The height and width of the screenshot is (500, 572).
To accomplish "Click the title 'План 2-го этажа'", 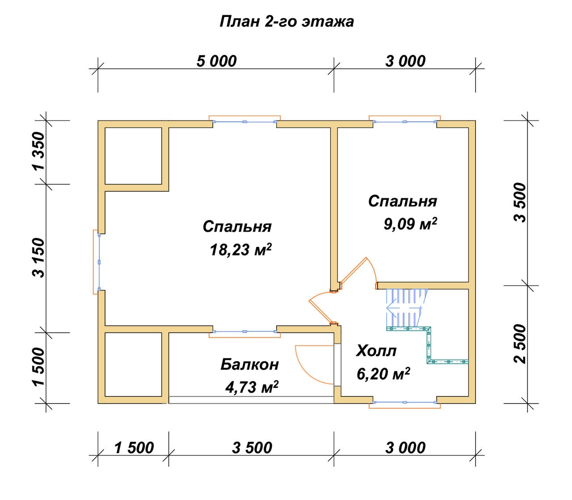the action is (286, 21).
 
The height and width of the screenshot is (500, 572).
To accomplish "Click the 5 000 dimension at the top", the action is (216, 61).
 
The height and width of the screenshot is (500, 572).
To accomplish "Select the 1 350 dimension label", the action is (38, 151).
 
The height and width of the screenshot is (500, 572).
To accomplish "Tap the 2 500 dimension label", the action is (520, 344).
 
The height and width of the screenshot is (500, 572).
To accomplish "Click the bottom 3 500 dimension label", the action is (252, 448).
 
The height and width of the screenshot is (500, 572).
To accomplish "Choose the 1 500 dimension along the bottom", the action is (134, 448).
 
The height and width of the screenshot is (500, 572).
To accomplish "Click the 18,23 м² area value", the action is (240, 249).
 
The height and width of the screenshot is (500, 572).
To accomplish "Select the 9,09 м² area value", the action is (410, 224).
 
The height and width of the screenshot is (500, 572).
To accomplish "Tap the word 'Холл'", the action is (376, 351).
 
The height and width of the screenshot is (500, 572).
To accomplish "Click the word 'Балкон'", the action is (250, 364).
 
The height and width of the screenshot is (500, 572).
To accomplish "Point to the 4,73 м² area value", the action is (252, 387).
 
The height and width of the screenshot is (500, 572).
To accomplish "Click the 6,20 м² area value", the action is (383, 374).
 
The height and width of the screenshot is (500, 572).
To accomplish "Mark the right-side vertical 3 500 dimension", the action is (520, 202).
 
